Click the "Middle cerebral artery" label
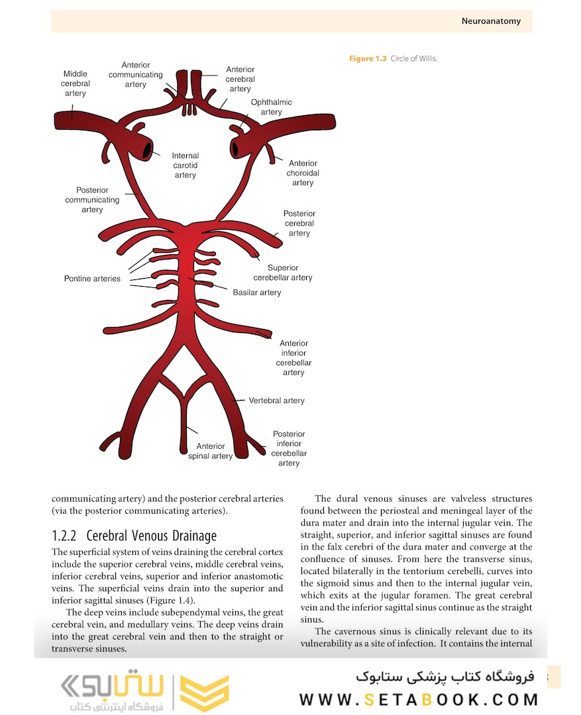click(76, 84)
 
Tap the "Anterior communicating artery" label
click(136, 75)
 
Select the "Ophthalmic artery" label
click(271, 107)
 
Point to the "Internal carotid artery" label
click(185, 166)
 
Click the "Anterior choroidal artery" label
click(303, 173)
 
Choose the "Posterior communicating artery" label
click(92, 200)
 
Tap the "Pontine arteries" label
click(92, 279)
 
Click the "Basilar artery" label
click(257, 293)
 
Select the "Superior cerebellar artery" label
click(283, 273)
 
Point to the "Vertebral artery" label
click(277, 401)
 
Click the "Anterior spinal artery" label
click(211, 451)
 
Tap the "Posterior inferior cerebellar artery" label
click(289, 448)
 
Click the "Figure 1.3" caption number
click(368, 59)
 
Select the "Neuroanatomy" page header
click(491, 21)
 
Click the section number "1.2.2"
click(66, 536)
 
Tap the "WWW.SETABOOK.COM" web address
click(418, 700)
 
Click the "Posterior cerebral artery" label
click(299, 223)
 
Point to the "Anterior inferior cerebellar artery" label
click(293, 358)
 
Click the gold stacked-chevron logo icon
click(205, 694)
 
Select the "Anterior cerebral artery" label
click(240, 79)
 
